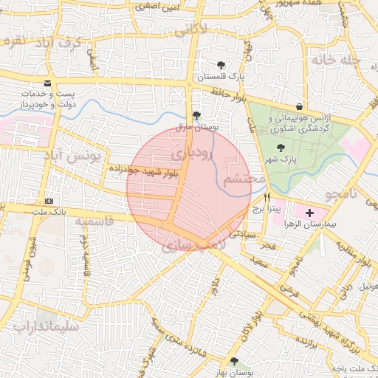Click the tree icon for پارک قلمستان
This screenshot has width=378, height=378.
[221, 64]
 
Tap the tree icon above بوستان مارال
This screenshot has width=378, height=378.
[196, 116]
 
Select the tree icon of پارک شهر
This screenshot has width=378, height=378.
[281, 147]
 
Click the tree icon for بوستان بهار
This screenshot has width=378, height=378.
[234, 361]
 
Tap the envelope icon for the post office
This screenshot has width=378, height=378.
[48, 83]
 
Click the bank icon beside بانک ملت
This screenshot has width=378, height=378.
[49, 201]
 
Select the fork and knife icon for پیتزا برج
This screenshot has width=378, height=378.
[267, 197]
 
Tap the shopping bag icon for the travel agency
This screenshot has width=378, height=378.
[298, 106]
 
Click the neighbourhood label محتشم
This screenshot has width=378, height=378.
[244, 179]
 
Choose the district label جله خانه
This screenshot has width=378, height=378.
[336, 58]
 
